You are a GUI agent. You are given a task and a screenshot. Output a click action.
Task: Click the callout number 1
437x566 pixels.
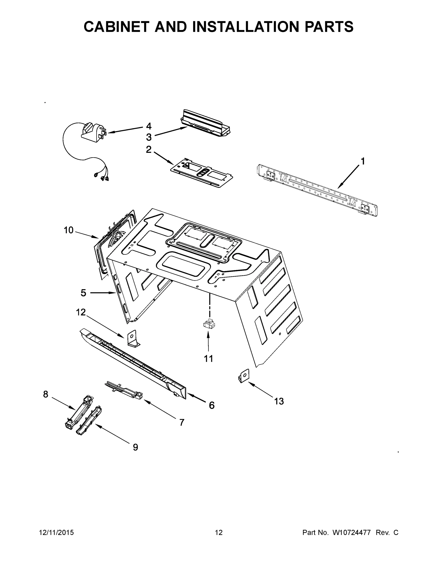tap(363, 161)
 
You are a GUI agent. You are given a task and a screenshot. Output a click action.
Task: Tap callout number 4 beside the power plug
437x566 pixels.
tap(148, 126)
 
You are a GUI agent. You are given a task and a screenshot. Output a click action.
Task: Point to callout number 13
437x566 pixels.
tap(279, 401)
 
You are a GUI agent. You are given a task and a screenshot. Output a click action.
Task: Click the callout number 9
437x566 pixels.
tap(135, 447)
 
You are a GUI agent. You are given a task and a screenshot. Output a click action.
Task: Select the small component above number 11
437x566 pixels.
tap(209, 324)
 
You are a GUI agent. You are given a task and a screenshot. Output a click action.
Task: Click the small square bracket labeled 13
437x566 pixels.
tap(244, 376)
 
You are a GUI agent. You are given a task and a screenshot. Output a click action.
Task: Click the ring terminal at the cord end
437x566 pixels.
tap(96, 175)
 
